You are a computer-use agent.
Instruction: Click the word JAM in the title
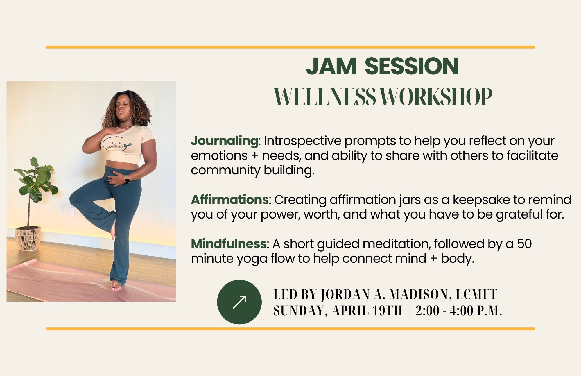point(331,66)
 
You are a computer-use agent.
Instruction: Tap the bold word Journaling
point(224,141)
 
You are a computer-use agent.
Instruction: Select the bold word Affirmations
point(230,200)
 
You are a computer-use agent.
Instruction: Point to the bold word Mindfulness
point(229,244)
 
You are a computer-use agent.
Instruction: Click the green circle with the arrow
point(239,302)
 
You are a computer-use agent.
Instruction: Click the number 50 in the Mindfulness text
point(524,244)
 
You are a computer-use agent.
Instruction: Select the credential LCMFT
point(476,295)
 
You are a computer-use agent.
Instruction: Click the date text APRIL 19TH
point(367,311)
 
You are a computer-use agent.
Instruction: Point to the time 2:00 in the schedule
point(427,311)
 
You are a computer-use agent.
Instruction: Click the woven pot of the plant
point(28,238)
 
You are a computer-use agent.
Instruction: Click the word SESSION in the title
point(412,66)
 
